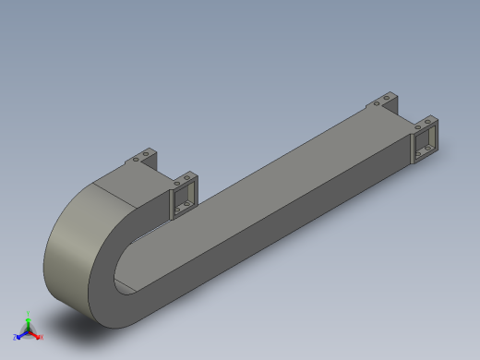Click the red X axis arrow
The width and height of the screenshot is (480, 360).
click(x=37, y=335)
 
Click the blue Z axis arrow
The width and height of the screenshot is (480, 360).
click(x=19, y=335)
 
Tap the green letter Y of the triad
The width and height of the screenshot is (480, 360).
click(x=29, y=313)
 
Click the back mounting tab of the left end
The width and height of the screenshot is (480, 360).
click(x=143, y=156)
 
